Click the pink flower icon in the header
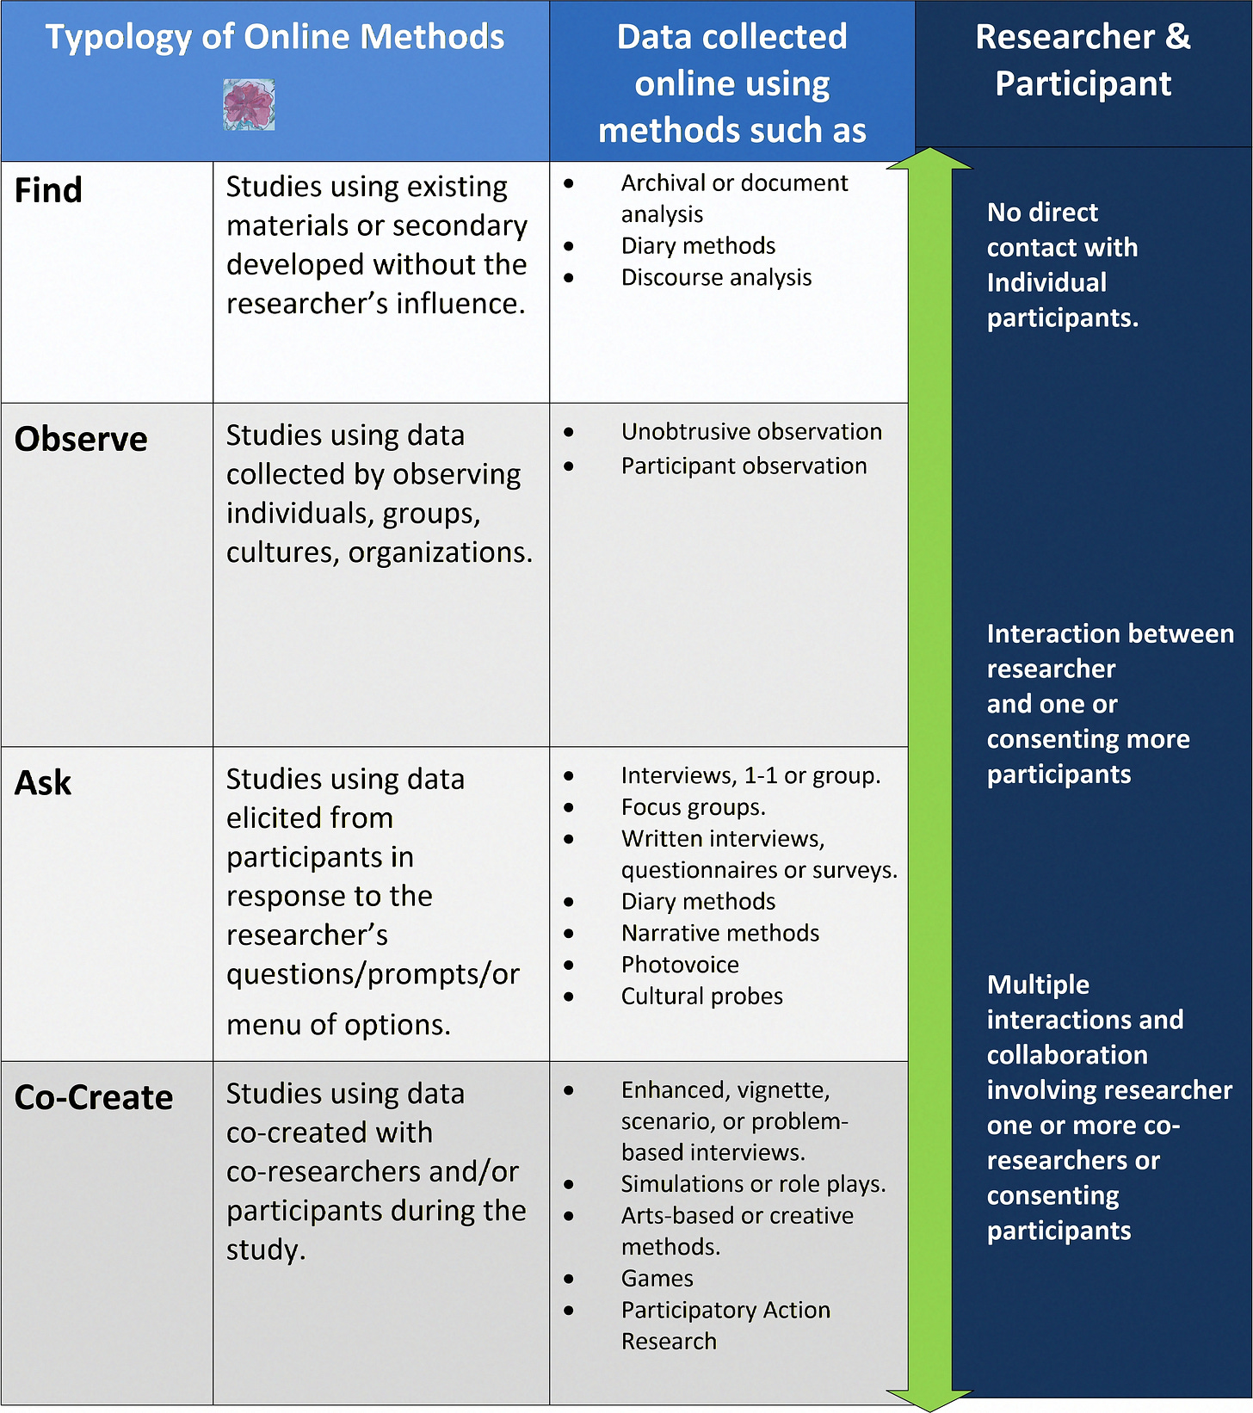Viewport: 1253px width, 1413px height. coord(249,105)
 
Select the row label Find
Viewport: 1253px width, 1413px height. coord(49,190)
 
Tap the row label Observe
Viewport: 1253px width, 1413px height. coord(81,439)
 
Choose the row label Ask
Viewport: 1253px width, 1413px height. coord(43,783)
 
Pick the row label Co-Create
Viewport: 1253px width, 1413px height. coord(94,1097)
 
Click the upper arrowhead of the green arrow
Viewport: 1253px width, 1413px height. coord(929,159)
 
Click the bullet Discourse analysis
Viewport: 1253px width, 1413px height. coord(716,277)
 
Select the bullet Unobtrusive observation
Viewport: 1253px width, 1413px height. coord(751,431)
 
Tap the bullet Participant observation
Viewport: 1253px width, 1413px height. coord(744,466)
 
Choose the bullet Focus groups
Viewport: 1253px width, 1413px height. coord(693,807)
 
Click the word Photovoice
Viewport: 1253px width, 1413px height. coord(680,965)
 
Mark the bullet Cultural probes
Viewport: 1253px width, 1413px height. coord(701,996)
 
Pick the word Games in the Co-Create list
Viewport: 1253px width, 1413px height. coord(657,1279)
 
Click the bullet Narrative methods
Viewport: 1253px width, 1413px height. coord(719,933)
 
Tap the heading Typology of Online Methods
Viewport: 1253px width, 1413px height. coord(275,37)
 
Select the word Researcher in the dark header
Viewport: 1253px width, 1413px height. coord(1065,37)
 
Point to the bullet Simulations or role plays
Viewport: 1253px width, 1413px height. coord(753,1184)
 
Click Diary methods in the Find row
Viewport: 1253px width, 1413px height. coord(698,246)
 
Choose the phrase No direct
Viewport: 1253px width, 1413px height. coord(1042,213)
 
